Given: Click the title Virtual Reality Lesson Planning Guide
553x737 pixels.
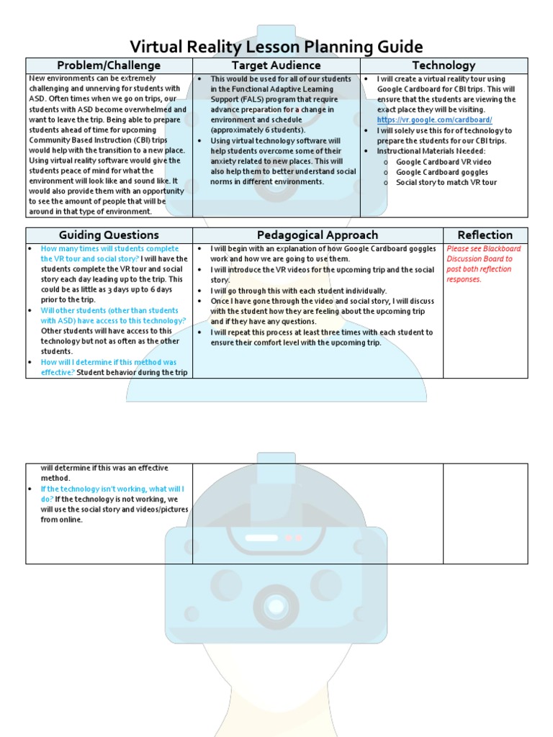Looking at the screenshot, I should point(276,48).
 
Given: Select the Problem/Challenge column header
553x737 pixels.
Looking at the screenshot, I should point(109,65).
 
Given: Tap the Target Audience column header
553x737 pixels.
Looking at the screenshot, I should point(276,65).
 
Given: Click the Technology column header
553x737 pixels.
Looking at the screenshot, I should point(443,65).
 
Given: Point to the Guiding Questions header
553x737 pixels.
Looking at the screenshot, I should point(109,235).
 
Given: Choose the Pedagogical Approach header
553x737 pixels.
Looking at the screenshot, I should point(317,235).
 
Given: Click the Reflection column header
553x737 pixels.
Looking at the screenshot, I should point(485,235).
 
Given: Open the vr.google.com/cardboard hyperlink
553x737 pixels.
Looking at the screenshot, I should point(434,120).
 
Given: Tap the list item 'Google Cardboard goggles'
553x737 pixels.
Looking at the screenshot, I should point(441,172).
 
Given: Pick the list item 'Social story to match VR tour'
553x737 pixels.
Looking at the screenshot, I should point(446,182).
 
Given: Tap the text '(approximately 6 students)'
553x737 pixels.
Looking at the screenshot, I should point(258,130).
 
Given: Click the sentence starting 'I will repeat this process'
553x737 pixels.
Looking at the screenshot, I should point(321,333).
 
